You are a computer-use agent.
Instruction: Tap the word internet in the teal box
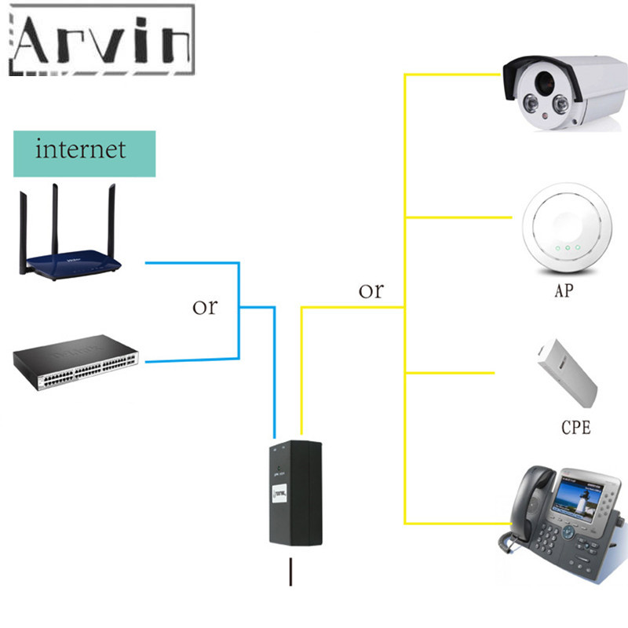click(81, 149)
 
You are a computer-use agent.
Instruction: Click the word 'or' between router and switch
click(205, 306)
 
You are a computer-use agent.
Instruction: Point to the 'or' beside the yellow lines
click(371, 290)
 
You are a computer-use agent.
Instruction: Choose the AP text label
click(564, 291)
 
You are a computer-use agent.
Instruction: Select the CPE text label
click(575, 428)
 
